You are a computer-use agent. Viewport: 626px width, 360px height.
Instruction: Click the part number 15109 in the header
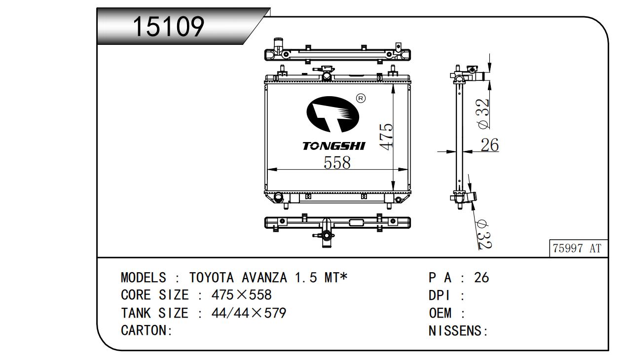click(x=169, y=26)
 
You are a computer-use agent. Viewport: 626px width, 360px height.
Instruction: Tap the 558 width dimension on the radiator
click(x=337, y=163)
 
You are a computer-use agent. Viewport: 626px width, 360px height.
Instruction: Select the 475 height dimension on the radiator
click(x=386, y=137)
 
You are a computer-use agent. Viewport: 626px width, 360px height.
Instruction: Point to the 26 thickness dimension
click(x=490, y=145)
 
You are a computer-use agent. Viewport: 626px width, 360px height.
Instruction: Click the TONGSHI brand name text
click(x=334, y=146)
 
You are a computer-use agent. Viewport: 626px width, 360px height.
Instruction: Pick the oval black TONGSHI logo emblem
click(x=332, y=114)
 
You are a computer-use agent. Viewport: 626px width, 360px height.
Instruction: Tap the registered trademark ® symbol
click(x=361, y=98)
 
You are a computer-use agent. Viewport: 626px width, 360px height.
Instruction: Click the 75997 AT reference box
click(x=578, y=248)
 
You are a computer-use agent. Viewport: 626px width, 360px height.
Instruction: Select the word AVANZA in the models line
click(x=264, y=278)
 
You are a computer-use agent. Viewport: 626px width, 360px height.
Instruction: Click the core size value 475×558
click(x=241, y=295)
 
